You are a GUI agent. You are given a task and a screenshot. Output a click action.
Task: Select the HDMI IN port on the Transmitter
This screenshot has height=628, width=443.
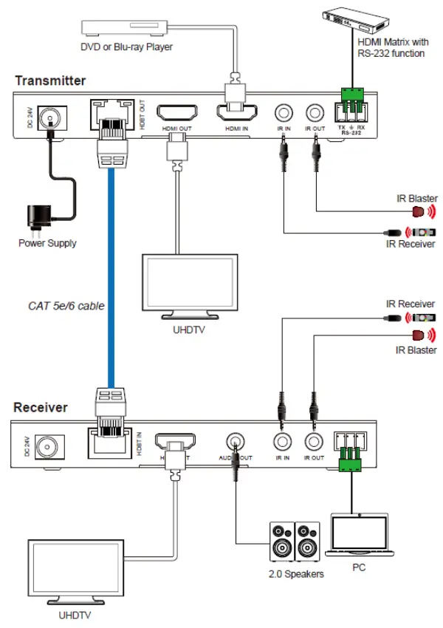[x=236, y=115]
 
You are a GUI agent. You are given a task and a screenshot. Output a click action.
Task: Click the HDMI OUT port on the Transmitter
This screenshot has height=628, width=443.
[x=177, y=115]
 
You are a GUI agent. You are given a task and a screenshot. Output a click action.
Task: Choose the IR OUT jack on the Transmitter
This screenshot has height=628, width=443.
[x=315, y=113]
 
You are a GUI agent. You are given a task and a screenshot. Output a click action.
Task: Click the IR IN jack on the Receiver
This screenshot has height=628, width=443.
[x=282, y=442]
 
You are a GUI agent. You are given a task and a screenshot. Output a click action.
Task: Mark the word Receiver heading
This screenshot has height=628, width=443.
[x=41, y=407]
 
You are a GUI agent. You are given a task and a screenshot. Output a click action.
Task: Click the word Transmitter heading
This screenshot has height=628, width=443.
[x=49, y=81]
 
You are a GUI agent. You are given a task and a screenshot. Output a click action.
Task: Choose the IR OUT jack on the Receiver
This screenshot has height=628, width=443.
[x=315, y=442]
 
